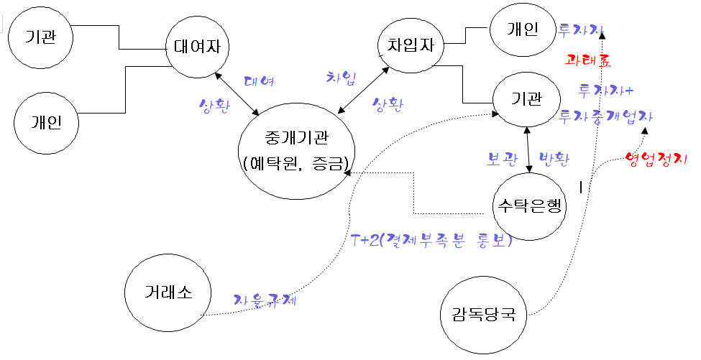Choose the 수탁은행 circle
tap(530, 206)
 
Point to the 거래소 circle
tap(168, 292)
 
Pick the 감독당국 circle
tap(483, 315)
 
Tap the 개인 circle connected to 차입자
tap(522, 30)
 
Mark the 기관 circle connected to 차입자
tap(526, 98)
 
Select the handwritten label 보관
tap(502, 160)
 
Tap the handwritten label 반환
tap(554, 160)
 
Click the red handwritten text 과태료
tap(588, 60)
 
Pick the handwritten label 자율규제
tap(265, 300)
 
